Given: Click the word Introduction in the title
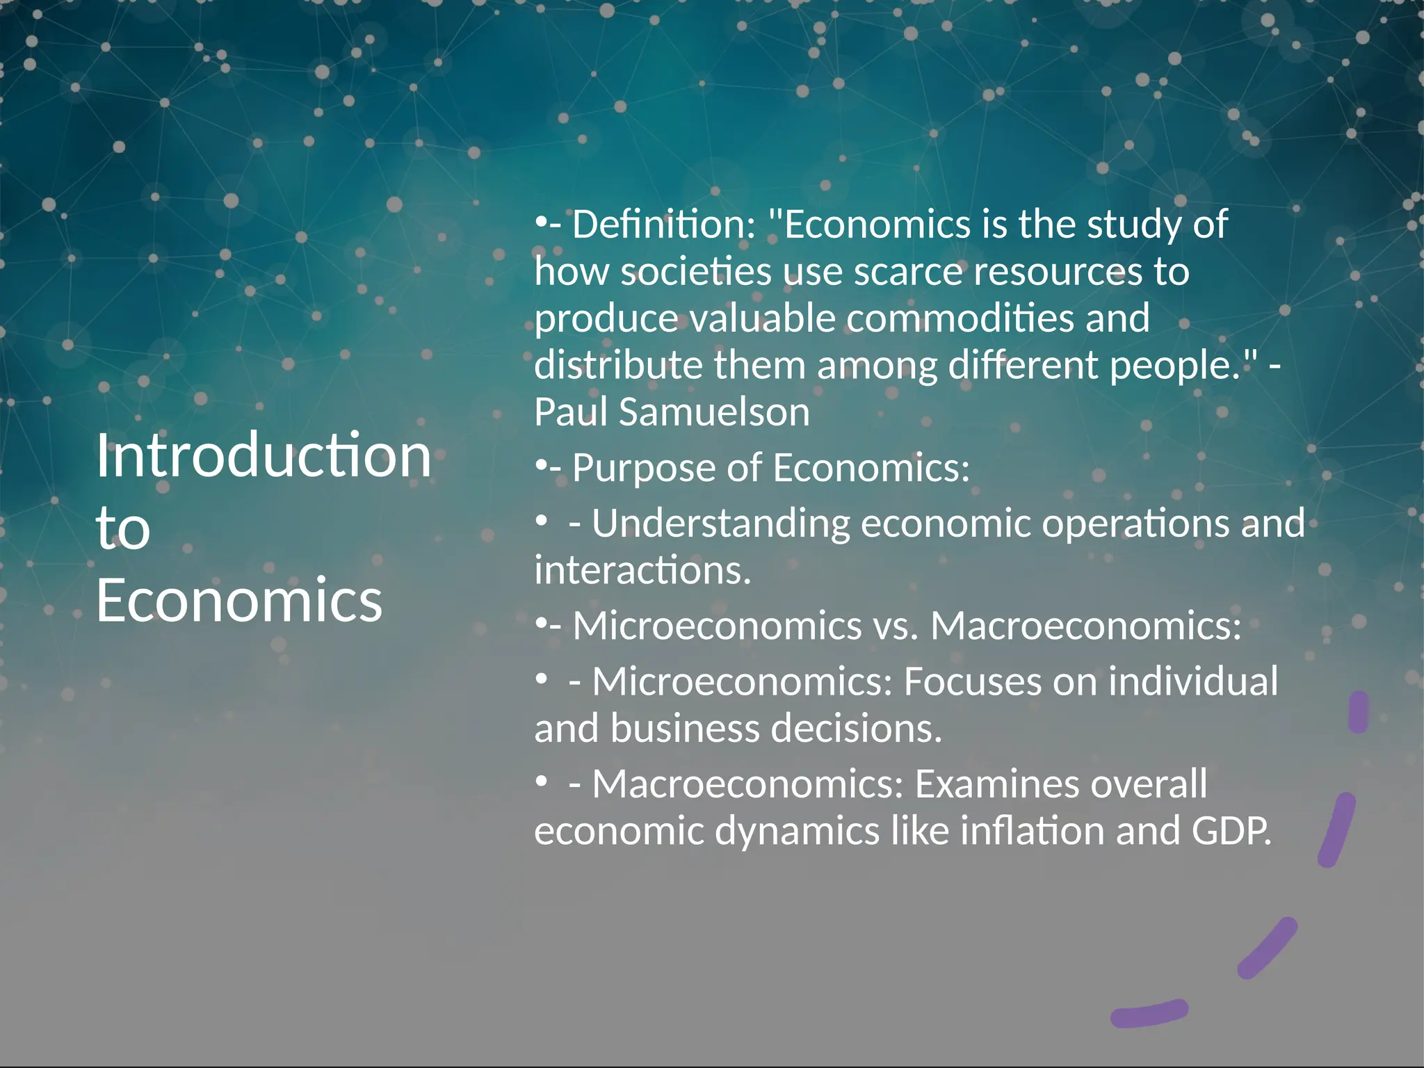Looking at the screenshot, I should click(x=264, y=455).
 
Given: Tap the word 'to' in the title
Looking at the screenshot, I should click(x=123, y=528).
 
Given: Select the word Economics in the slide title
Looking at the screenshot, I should click(x=239, y=600).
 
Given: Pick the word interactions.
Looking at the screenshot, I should click(x=642, y=571).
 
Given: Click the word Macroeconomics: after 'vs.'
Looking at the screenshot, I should click(x=1085, y=626).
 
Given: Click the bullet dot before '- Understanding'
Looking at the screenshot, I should click(x=541, y=520).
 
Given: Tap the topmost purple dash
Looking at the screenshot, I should click(x=1358, y=712).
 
